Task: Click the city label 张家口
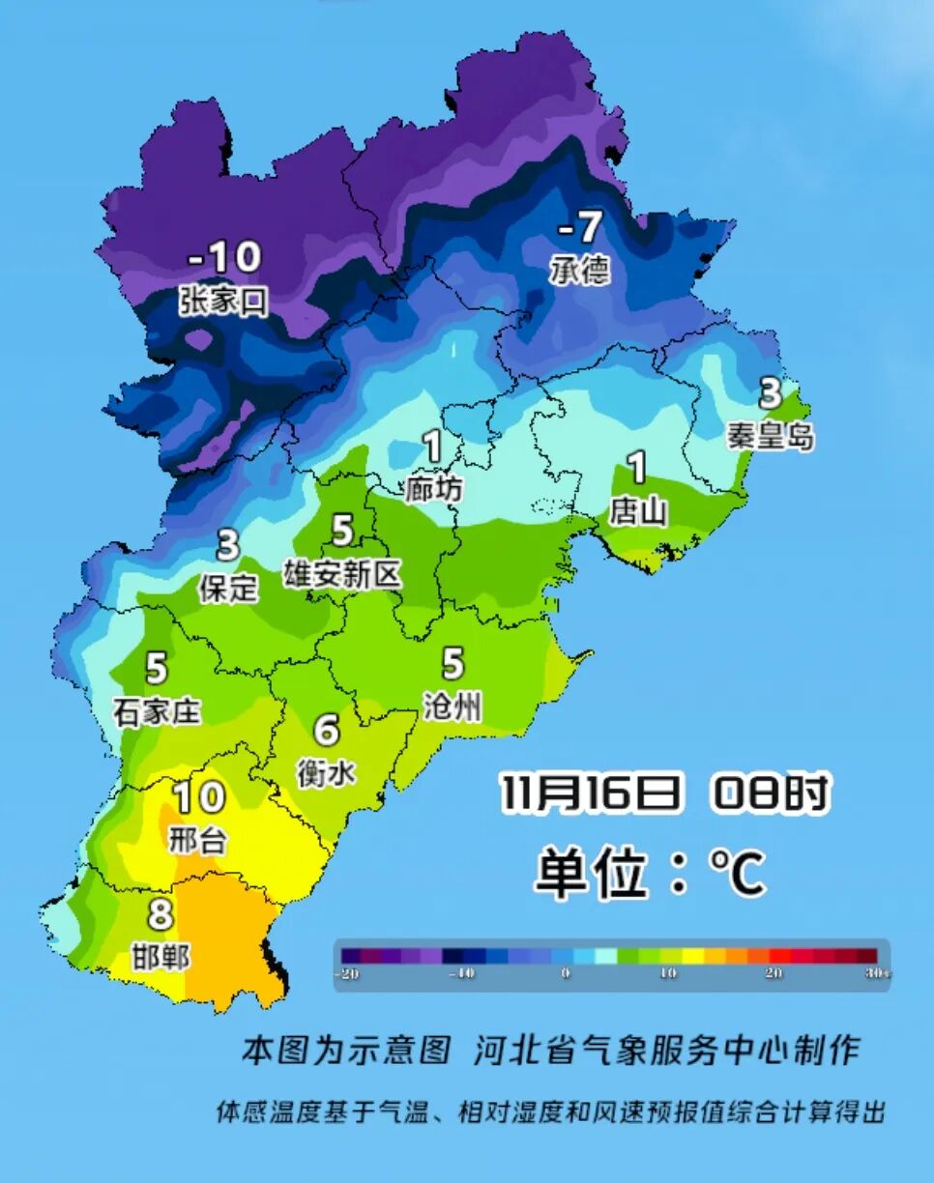pos(223,301)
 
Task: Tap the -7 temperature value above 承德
pos(580,228)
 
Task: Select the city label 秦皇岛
pos(770,436)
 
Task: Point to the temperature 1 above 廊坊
pos(432,447)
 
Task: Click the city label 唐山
pos(637,511)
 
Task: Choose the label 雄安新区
pos(341,575)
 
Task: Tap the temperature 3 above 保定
pos(228,545)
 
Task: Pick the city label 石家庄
pos(157,712)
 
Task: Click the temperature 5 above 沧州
pos(452,664)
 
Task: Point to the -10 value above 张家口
pos(224,258)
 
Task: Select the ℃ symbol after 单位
pos(738,875)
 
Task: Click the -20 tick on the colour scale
pos(346,974)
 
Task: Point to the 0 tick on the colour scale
pos(566,974)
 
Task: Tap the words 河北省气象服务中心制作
pos(666,1050)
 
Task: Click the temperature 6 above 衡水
pos(327,730)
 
